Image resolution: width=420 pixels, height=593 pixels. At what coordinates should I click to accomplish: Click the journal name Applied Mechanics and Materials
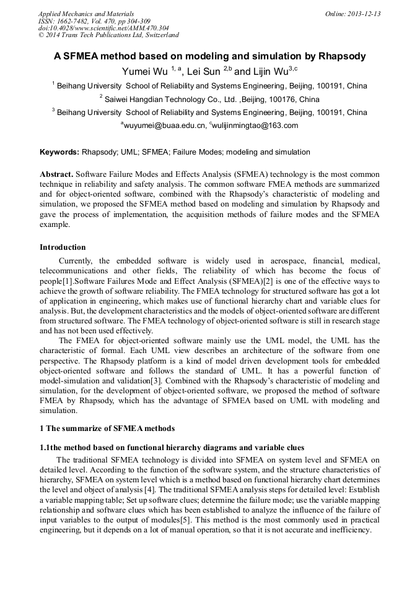click(85, 14)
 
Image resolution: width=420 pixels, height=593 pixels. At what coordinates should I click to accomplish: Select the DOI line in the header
click(103, 28)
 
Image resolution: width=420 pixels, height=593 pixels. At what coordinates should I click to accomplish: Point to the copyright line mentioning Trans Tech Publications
click(108, 35)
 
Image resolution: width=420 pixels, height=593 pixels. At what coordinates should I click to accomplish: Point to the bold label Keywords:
click(59, 152)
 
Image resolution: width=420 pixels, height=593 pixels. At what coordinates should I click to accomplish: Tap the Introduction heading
click(63, 247)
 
